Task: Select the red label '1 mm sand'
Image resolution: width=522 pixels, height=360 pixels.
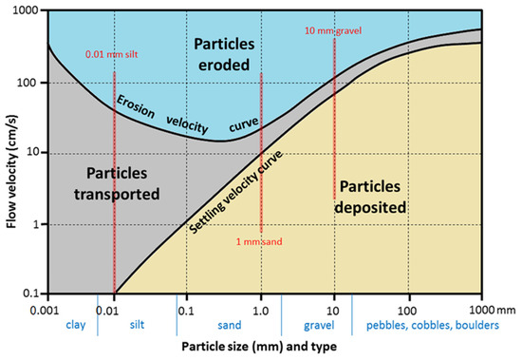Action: point(261,241)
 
